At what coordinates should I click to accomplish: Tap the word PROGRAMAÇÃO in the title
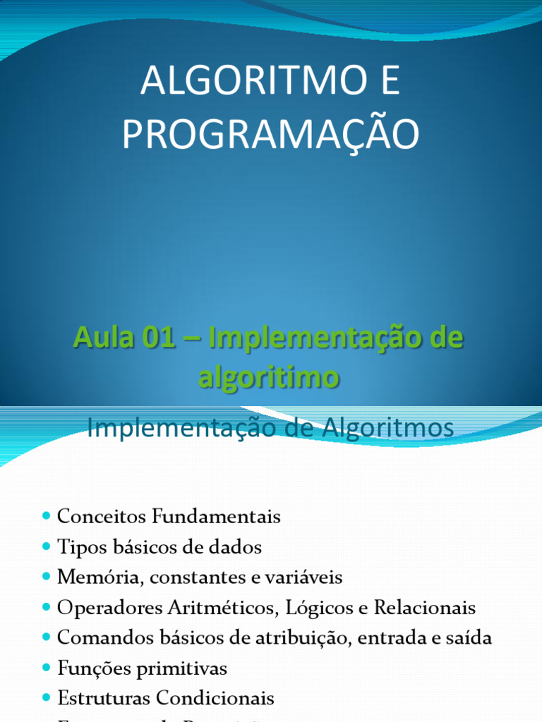[270, 135]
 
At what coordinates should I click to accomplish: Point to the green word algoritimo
[269, 377]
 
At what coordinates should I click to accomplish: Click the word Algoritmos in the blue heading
[387, 428]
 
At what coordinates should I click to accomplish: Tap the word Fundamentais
[215, 517]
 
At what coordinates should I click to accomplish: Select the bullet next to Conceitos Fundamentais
[47, 516]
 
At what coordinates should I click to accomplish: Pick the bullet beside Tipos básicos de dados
[47, 546]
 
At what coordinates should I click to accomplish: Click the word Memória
[92, 577]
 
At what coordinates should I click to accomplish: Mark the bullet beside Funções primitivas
[47, 668]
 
